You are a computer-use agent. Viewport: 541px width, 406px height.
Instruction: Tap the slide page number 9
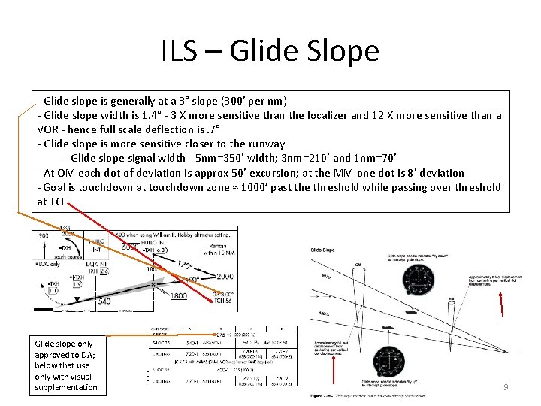506,386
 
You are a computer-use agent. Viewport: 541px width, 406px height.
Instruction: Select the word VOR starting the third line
48,129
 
